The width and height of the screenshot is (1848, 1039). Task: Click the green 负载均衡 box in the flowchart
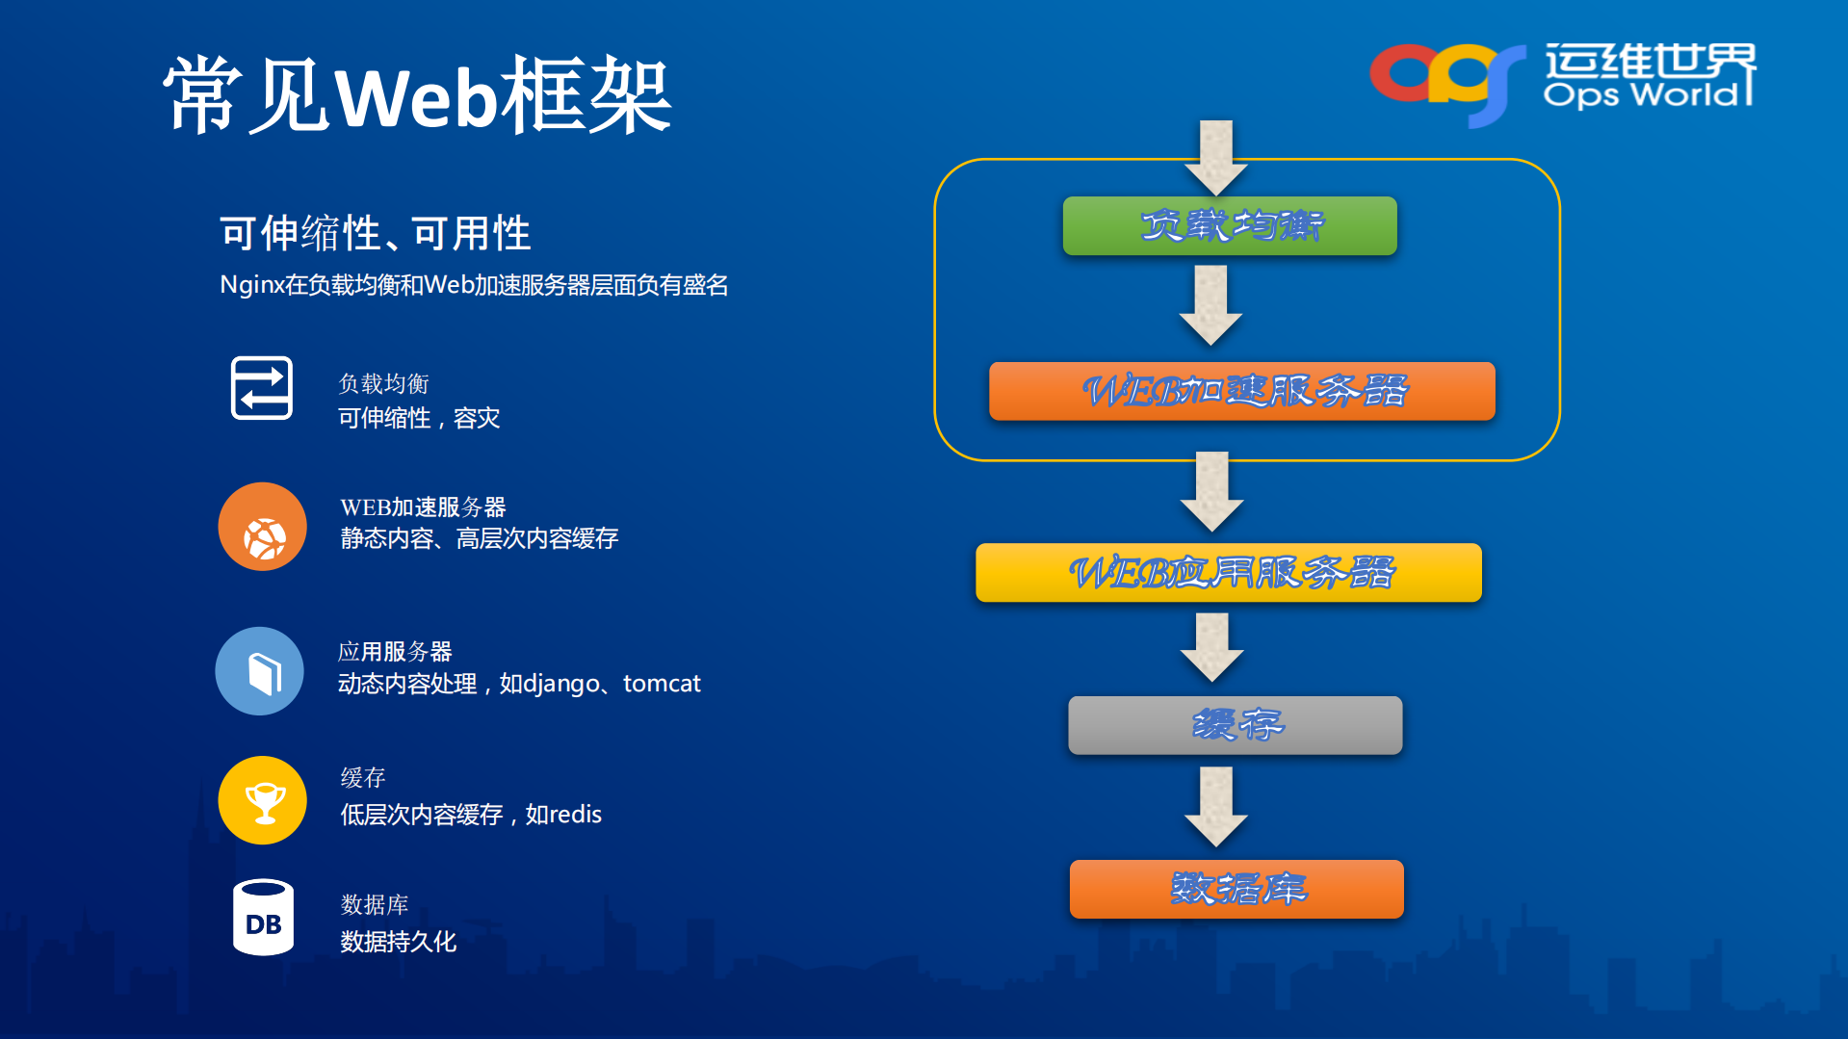1229,226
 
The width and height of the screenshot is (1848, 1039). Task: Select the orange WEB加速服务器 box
1241,391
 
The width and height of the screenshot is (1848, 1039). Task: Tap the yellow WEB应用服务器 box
1228,573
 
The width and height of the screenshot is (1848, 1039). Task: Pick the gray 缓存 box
1235,725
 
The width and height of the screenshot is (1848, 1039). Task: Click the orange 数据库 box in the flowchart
1236,889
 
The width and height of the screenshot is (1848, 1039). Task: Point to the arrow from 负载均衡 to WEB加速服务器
1210,306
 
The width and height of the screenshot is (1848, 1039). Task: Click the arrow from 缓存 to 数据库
1215,807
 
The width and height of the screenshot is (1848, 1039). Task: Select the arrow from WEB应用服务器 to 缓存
1211,648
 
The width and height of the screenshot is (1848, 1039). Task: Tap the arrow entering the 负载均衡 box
1215,157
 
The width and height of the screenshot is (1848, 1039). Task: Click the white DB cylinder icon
263,918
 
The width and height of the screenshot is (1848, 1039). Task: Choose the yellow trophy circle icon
262,800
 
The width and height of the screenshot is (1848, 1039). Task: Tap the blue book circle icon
260,671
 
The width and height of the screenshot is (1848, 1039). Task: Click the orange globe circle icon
262,527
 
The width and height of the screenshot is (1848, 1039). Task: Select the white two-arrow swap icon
262,388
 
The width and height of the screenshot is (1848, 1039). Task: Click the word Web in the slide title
416,97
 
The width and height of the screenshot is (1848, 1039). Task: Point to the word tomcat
662,684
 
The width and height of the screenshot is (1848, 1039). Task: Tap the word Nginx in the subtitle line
251,285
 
